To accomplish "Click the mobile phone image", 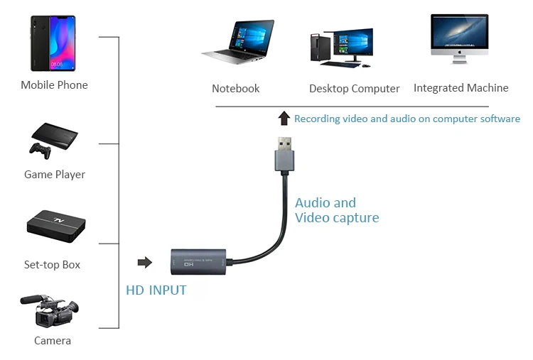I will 53,43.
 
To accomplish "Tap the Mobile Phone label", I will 54,85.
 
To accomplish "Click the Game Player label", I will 55,175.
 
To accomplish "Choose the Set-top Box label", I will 53,265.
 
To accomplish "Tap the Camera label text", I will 53,341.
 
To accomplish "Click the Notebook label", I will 236,89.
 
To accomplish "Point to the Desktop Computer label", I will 355,89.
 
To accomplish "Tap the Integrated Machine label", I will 461,88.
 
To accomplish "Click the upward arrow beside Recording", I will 284,118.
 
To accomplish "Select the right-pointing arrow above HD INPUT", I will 145,263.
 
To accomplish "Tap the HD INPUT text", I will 156,290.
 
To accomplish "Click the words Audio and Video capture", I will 337,210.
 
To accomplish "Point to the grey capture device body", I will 198,262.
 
